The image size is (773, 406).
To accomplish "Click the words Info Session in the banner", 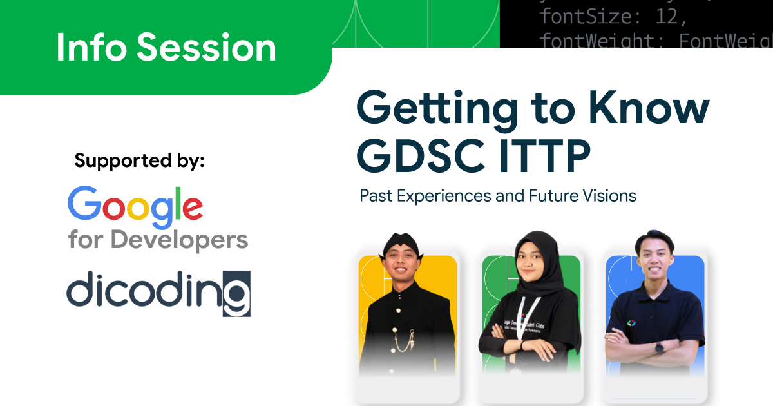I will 166,48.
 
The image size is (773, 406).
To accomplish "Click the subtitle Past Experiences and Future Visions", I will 497,195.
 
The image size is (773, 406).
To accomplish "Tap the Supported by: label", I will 139,160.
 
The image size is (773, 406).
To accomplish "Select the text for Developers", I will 158,240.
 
